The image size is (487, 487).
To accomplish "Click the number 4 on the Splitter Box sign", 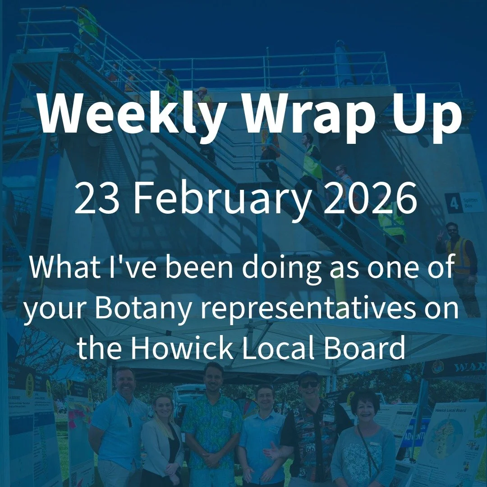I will point(453,203).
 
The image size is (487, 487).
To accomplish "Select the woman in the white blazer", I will point(162,433).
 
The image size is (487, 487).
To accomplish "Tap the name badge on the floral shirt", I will point(226,414).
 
